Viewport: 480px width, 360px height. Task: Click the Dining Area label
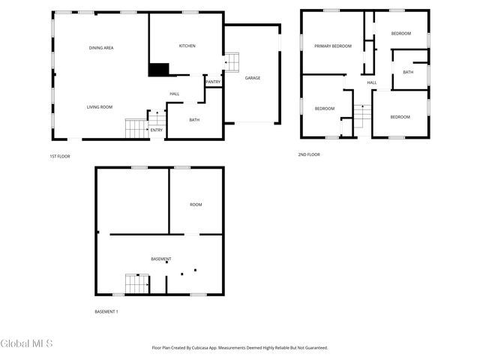[101, 48]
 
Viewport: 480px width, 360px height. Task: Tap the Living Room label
[99, 107]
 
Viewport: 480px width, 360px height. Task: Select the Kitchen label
[187, 46]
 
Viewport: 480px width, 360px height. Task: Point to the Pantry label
[213, 82]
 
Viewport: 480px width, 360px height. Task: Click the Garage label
[252, 77]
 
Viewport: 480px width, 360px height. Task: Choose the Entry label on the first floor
[156, 130]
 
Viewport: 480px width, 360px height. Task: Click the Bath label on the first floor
[194, 120]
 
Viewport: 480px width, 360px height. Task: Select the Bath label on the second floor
[408, 72]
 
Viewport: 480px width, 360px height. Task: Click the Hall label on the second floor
[371, 82]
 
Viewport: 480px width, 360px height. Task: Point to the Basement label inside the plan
[161, 259]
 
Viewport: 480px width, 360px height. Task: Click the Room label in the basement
[196, 205]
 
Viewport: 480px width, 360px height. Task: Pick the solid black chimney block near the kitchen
[158, 70]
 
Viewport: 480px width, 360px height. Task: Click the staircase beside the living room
[136, 128]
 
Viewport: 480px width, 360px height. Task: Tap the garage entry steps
[232, 61]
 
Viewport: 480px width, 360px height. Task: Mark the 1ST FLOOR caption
[59, 155]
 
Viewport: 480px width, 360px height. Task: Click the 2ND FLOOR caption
[308, 154]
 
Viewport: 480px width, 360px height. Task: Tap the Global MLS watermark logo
[27, 344]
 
